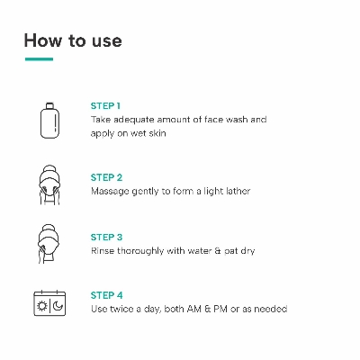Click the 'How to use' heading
[x=73, y=40]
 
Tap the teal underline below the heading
[x=39, y=59]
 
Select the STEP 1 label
[x=105, y=106]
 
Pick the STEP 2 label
[x=106, y=177]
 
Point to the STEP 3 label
[x=106, y=238]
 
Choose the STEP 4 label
[x=107, y=295]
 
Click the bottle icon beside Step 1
[x=49, y=121]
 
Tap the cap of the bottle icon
[x=49, y=105]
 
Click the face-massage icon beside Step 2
[x=49, y=184]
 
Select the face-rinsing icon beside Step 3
[x=49, y=244]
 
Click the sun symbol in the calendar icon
[x=41, y=306]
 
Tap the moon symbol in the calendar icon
[x=58, y=306]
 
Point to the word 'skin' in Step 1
[x=157, y=133]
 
